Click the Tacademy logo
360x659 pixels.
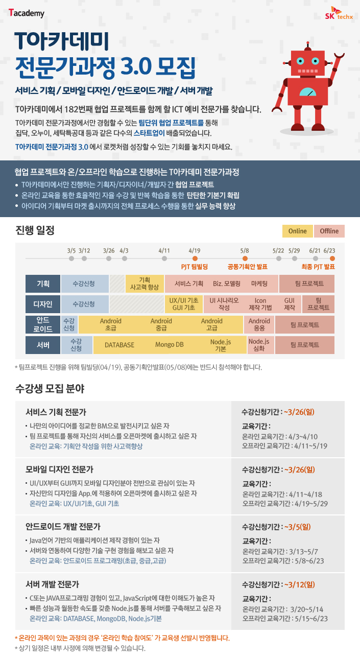click(x=27, y=13)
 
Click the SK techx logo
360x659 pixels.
click(x=339, y=13)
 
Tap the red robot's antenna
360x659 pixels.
click(x=308, y=46)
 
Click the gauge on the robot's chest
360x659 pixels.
click(x=307, y=92)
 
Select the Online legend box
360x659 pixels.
click(x=297, y=231)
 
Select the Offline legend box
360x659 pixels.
click(x=329, y=231)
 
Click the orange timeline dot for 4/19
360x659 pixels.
click(x=195, y=258)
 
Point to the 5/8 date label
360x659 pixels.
click(x=245, y=251)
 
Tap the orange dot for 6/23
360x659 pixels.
click(x=332, y=258)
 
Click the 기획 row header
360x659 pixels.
click(x=43, y=284)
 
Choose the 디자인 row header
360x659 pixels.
click(x=43, y=304)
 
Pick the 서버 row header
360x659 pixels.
click(x=43, y=345)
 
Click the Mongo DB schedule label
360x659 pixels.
click(x=170, y=345)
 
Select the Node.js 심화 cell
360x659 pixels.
click(x=259, y=345)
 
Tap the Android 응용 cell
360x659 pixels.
click(x=259, y=324)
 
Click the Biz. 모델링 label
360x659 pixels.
click(x=227, y=284)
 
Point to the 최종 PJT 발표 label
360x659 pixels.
click(x=318, y=267)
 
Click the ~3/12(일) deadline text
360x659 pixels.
click(x=299, y=584)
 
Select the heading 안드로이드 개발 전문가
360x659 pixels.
click(x=63, y=527)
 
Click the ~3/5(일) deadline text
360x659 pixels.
click(x=297, y=527)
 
